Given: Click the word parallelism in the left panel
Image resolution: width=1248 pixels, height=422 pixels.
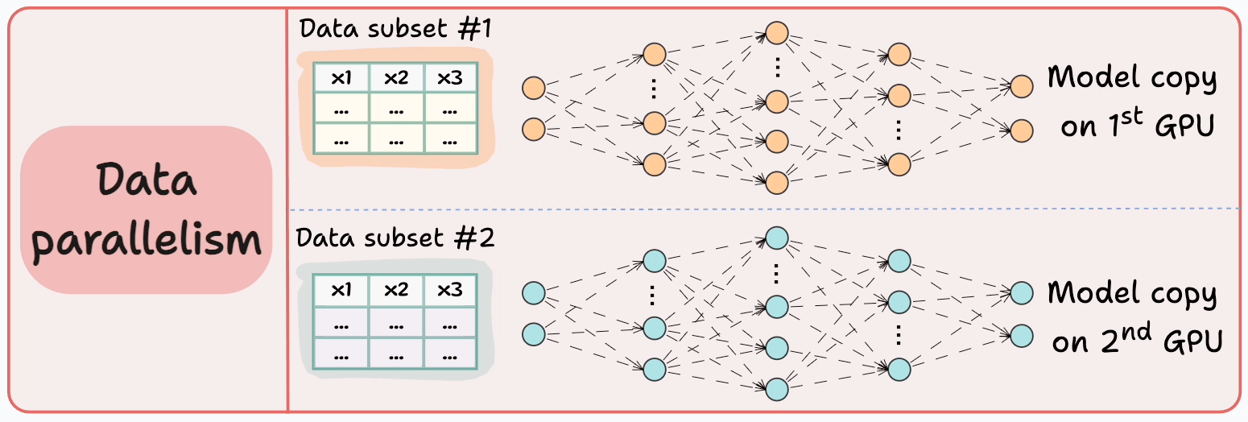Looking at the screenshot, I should click(x=147, y=240).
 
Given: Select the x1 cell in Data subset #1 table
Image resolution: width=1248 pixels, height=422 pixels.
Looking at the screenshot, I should click(x=341, y=78).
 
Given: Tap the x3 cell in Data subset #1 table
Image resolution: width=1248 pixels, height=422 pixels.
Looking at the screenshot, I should click(x=450, y=78).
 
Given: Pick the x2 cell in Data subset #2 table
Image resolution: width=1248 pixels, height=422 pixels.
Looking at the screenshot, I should click(x=396, y=290).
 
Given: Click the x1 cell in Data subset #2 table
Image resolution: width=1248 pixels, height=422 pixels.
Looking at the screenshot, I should click(x=341, y=290).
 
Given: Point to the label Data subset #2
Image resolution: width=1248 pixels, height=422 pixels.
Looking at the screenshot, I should click(x=395, y=239).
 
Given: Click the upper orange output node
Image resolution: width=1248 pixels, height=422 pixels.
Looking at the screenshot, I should click(x=1021, y=86).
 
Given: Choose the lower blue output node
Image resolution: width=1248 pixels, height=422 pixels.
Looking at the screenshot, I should click(x=1021, y=334).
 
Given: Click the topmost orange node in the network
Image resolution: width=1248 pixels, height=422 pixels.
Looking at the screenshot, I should click(x=776, y=33).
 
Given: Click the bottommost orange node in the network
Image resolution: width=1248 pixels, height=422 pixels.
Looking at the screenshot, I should click(x=776, y=183).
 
